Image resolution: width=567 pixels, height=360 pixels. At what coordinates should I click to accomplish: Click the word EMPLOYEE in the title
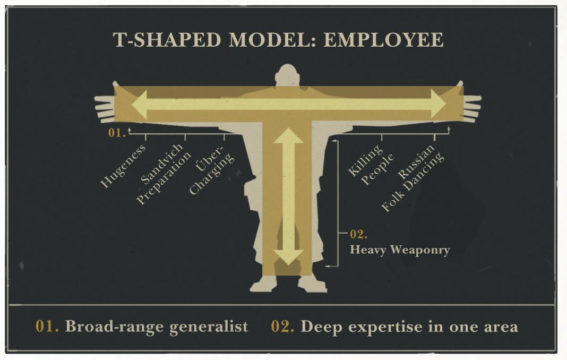click(383, 40)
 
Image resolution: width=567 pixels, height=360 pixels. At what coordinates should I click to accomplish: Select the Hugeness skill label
click(123, 165)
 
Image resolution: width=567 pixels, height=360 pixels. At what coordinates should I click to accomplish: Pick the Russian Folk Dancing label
click(413, 181)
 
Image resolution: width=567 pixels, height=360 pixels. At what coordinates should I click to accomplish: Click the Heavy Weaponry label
click(399, 250)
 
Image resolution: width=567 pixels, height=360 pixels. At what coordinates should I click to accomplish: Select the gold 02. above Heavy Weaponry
click(358, 234)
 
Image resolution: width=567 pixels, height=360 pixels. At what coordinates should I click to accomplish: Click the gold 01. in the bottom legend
click(47, 326)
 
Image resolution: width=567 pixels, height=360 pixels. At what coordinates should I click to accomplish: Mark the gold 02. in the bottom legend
click(282, 326)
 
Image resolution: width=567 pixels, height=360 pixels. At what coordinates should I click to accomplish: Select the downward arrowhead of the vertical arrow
click(288, 256)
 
